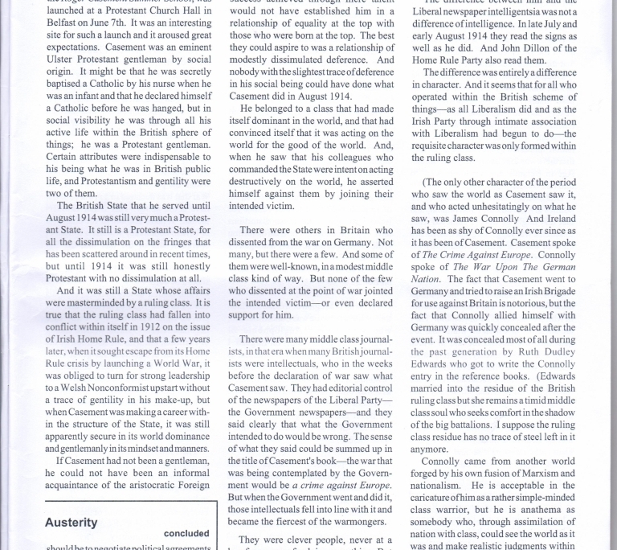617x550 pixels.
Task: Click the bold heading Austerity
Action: pyautogui.click(x=71, y=522)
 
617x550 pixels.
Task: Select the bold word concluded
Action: pyautogui.click(x=186, y=533)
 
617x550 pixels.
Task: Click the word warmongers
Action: pyautogui.click(x=354, y=520)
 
